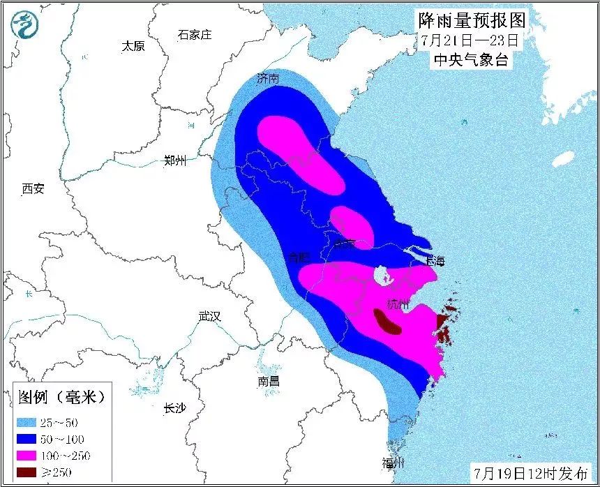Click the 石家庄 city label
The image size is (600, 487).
(x=195, y=34)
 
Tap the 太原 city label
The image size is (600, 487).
(x=133, y=46)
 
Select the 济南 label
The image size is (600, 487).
(x=268, y=79)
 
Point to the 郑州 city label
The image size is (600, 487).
(x=175, y=160)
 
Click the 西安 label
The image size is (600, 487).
(x=33, y=188)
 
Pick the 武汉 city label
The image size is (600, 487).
(x=209, y=316)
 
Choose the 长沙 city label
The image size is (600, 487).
(x=174, y=409)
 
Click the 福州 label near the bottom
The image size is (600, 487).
(x=393, y=463)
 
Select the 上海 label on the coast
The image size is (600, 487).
(x=434, y=262)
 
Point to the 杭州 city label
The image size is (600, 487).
(x=400, y=304)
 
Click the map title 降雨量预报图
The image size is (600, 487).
(x=471, y=20)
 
